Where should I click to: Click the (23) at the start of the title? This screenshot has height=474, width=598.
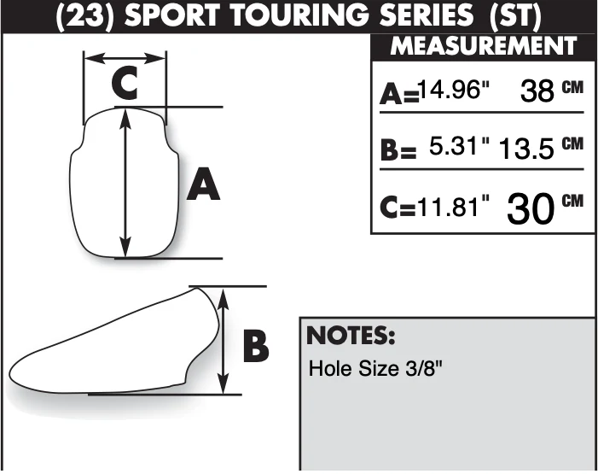point(84,16)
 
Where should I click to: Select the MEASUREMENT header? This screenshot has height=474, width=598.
point(484,46)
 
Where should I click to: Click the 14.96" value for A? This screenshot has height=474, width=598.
point(454,91)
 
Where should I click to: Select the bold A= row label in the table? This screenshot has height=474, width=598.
point(399,94)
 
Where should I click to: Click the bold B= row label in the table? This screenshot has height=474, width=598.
point(398,149)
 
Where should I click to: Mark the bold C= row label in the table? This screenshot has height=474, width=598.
point(398,208)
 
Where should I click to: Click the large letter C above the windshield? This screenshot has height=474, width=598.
point(125,83)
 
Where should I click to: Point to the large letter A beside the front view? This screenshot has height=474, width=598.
point(203,184)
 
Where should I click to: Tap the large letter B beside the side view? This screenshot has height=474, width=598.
point(256,347)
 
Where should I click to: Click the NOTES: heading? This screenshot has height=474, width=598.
point(351,336)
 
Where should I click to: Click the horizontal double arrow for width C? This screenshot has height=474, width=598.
point(125,58)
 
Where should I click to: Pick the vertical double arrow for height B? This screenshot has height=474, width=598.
point(224,340)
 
